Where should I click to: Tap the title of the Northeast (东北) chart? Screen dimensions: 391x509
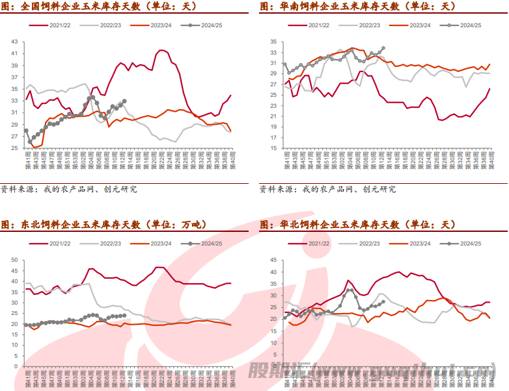[103, 225]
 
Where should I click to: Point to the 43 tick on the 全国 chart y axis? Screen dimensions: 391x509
[14, 42]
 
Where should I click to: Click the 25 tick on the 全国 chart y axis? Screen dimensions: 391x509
[14, 148]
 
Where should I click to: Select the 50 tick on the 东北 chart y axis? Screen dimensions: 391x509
[14, 260]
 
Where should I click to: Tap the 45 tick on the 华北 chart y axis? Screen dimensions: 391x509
[273, 260]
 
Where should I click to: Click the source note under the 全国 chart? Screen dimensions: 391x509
[69, 190]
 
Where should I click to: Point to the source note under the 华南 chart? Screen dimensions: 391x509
[327, 190]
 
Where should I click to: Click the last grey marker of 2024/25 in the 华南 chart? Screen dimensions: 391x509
[383, 48]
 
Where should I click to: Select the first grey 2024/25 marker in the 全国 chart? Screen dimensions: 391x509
[27, 131]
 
